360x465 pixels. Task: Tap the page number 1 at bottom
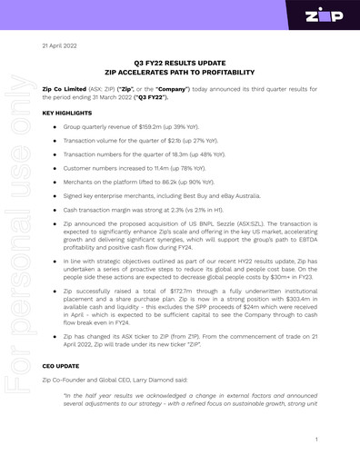pyautogui.click(x=315, y=439)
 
